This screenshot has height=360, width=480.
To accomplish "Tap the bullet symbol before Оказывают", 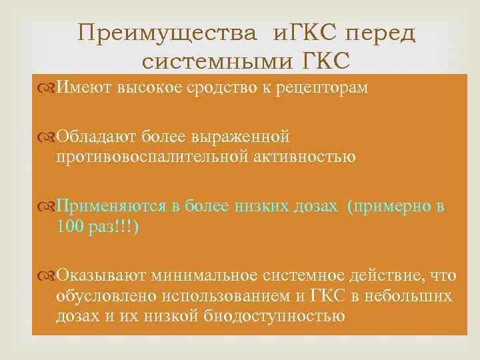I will [50, 274].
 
